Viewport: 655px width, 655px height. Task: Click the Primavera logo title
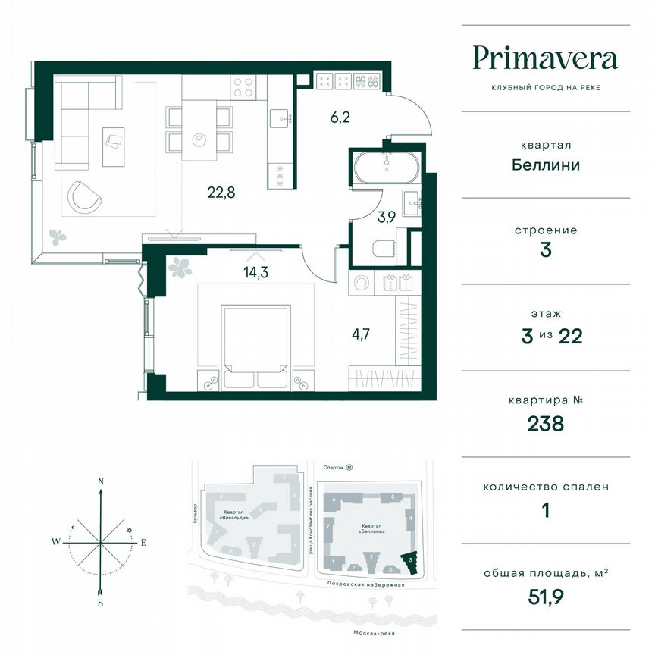(545, 58)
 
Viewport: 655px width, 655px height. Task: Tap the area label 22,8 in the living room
(221, 192)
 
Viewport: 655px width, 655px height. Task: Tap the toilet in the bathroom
(387, 247)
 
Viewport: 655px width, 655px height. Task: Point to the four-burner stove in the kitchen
(243, 87)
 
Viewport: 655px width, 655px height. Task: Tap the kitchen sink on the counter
(280, 117)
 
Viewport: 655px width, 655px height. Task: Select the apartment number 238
(545, 424)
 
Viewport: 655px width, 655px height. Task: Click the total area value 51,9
(545, 597)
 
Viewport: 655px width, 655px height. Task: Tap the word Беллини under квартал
(545, 165)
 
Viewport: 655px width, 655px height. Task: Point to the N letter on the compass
(100, 481)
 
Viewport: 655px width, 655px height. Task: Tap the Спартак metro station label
(334, 468)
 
